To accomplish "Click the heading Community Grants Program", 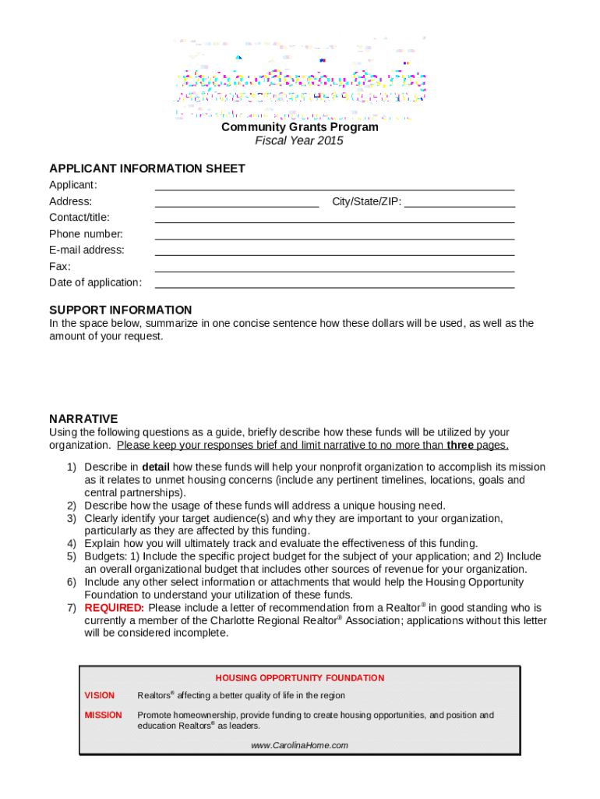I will click(x=299, y=127).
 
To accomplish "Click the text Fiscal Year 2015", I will click(x=299, y=141).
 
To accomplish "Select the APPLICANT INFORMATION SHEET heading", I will click(x=147, y=169).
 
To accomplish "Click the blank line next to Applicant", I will click(x=334, y=186).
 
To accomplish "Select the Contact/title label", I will click(x=79, y=218).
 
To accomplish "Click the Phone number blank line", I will click(x=334, y=236).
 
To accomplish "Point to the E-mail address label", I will click(x=86, y=250).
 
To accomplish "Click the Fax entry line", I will click(x=334, y=268).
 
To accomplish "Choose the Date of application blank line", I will click(x=334, y=285).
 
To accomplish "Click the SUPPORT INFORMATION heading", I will click(x=120, y=310).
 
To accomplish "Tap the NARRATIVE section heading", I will click(x=83, y=419).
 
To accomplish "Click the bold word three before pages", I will click(x=460, y=446).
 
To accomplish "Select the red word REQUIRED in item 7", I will click(x=114, y=608).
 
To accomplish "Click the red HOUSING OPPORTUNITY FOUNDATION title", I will click(x=299, y=678).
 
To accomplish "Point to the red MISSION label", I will click(x=103, y=715).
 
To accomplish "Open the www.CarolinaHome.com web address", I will click(x=299, y=745).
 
